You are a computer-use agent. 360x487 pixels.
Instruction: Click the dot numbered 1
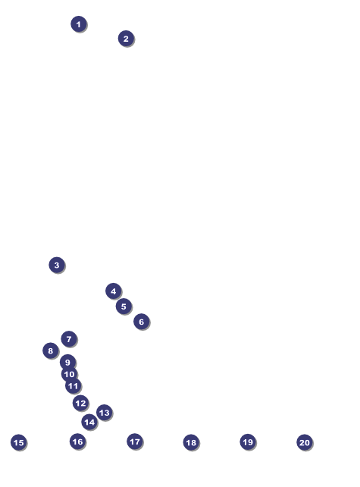pyautogui.click(x=79, y=24)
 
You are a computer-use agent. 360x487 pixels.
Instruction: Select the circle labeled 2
pyautogui.click(x=126, y=39)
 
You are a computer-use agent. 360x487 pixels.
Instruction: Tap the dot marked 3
pyautogui.click(x=57, y=265)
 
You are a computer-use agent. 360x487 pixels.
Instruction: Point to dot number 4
pyautogui.click(x=113, y=291)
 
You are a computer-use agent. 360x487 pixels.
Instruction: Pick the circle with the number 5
pyautogui.click(x=124, y=306)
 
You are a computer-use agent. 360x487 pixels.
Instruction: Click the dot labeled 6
pyautogui.click(x=141, y=322)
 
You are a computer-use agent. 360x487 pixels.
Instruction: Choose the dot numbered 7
pyautogui.click(x=69, y=339)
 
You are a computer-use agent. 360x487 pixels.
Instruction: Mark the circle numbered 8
pyautogui.click(x=50, y=350)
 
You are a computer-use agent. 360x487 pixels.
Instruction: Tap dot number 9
pyautogui.click(x=67, y=362)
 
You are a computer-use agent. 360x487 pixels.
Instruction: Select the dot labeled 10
pyautogui.click(x=69, y=374)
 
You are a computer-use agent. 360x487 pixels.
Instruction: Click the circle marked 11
pyautogui.click(x=73, y=386)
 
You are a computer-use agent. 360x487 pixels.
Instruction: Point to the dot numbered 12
pyautogui.click(x=80, y=403)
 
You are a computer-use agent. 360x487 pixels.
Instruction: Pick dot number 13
pyautogui.click(x=104, y=413)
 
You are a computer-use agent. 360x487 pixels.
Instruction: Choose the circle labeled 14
pyautogui.click(x=89, y=422)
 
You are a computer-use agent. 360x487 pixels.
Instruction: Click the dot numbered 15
pyautogui.click(x=19, y=442)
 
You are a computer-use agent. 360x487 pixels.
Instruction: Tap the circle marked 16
pyautogui.click(x=77, y=441)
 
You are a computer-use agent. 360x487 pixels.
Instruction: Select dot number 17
pyautogui.click(x=135, y=441)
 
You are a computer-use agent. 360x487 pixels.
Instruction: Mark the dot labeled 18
pyautogui.click(x=191, y=442)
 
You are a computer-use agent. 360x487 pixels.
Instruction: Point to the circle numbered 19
pyautogui.click(x=248, y=441)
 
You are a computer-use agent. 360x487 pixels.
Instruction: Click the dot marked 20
pyautogui.click(x=305, y=442)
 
